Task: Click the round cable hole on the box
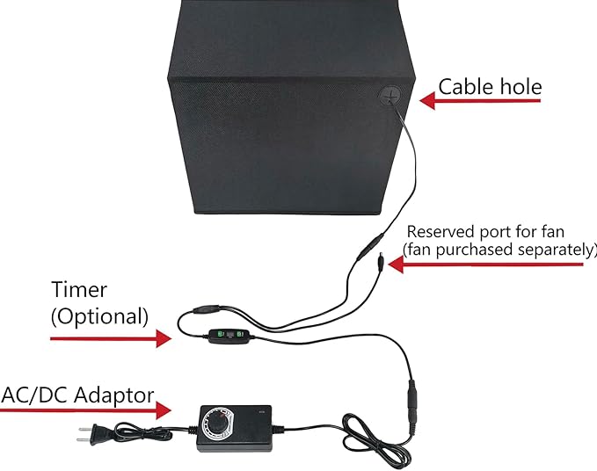390,96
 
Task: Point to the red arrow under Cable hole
480,101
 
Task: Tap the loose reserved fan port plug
380,262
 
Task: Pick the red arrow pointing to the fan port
485,264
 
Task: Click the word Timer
79,289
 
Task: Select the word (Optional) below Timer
99,316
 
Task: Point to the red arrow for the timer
111,337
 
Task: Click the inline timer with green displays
229,336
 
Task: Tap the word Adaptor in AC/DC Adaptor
113,395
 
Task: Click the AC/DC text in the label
35,395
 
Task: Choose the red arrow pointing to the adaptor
85,410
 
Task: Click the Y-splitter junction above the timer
207,308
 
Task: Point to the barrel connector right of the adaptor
412,406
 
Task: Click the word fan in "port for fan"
552,232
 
